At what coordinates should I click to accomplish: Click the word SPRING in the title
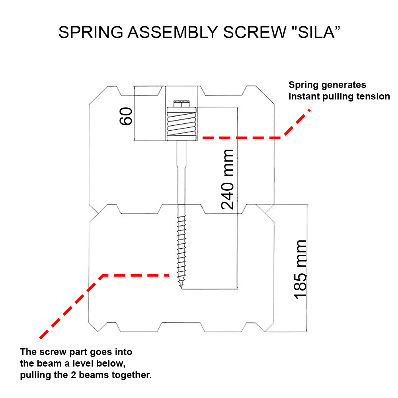click(x=90, y=33)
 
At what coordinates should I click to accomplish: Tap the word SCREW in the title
click(x=250, y=33)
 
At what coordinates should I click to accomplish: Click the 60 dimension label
click(x=126, y=116)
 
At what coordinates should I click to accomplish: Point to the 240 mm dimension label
click(x=228, y=179)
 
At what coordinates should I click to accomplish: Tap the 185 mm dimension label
click(x=300, y=269)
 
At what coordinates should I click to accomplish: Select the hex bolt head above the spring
click(x=182, y=104)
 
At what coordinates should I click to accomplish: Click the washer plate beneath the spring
click(x=182, y=138)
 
